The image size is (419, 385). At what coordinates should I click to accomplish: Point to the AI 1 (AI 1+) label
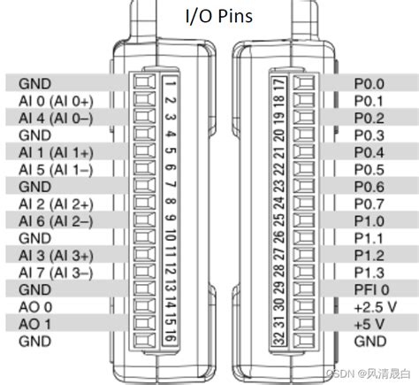pos(54,152)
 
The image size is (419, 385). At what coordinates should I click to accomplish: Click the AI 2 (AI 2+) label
pos(54,204)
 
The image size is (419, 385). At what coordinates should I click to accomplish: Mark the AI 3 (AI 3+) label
pos(54,255)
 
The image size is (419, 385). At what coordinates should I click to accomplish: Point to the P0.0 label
pos(369,83)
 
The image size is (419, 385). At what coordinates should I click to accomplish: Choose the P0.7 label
pos(369,204)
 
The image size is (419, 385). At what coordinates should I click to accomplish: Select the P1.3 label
pos(369,272)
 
